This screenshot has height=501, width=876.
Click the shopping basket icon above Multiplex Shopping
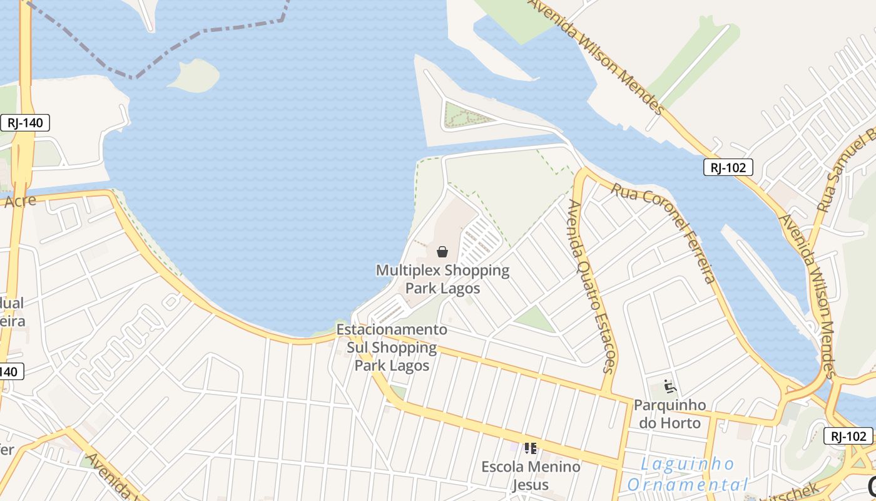coord(442,252)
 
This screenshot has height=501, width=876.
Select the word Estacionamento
coord(392,329)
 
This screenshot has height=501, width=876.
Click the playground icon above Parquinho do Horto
coord(670,386)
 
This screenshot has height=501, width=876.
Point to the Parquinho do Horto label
coord(670,414)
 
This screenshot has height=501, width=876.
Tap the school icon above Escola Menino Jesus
coord(531,448)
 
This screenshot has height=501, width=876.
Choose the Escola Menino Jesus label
coord(531,475)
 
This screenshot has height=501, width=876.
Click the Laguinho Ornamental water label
coord(688,474)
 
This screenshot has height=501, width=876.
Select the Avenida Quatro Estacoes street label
coord(591,286)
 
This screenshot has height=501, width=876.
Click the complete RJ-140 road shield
coord(26,123)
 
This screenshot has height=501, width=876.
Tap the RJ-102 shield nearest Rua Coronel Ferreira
coord(728,167)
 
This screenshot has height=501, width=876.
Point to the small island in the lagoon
coord(194,75)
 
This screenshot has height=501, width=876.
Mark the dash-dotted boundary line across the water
coord(206,30)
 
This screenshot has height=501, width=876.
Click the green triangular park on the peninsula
coord(460,115)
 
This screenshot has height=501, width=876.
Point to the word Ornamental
coord(688,485)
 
